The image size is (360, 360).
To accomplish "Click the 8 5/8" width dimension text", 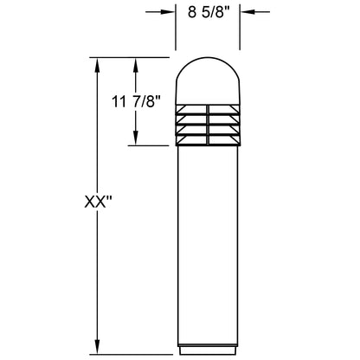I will pos(208,13).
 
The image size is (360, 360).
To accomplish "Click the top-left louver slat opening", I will pos(192,110).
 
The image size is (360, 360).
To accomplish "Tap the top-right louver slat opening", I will pos(224,110).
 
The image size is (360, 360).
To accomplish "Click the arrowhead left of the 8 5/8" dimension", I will pos(167,13).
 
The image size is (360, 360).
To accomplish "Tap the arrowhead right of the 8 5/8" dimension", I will pos(247,13).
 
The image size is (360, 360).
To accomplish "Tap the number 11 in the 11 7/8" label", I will pos(118,102).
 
